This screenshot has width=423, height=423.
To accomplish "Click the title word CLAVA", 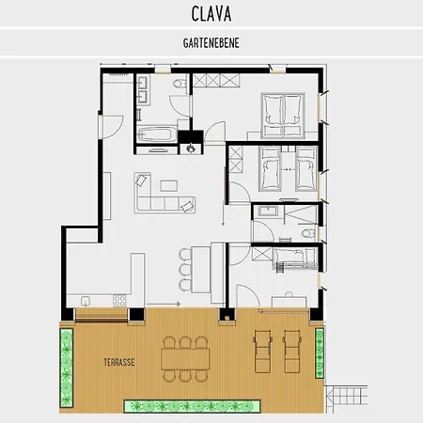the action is pos(211,14).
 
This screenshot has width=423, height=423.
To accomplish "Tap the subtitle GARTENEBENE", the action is pos(211,43).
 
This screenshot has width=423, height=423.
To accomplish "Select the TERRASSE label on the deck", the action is pos(119,363).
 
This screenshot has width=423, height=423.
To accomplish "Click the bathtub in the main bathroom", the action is pos(154,134).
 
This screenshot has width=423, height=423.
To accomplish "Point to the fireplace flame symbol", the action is pos(191,148).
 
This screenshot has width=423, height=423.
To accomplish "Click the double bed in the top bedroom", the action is pos(283,116).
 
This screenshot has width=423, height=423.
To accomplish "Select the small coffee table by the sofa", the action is pos(169,185).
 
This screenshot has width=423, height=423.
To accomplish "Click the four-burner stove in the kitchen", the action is pos(119,301).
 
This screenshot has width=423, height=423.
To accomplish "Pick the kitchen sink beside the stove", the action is pos(86,301).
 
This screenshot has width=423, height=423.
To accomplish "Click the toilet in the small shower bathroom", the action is pos(308,233).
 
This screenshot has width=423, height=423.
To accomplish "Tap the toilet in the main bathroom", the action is pos(180,84).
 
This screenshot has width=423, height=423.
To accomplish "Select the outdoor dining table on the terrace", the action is pos(185,359).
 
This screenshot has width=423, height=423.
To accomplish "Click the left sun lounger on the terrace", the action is pos(262,351).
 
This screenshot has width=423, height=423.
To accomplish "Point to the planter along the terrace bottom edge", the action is pos(193,406).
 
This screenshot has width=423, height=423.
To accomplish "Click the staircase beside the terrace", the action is pos(347,396).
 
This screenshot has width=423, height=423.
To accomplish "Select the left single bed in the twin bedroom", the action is pos(270,169).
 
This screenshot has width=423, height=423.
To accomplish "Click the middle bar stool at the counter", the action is pos(185,269).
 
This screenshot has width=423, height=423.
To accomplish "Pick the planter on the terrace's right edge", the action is pos(320,352).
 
